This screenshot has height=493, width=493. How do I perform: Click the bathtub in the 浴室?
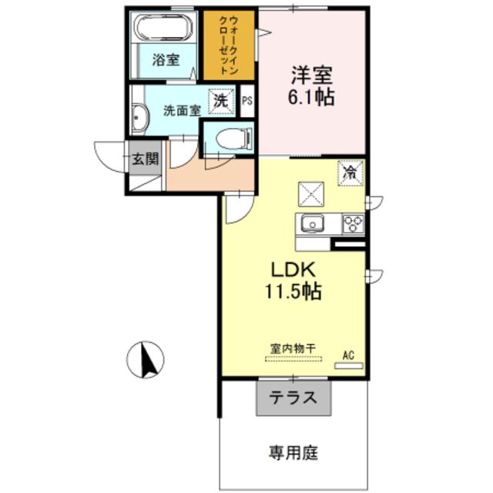coord(163,28)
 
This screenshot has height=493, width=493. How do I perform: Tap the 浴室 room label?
coord(166,60)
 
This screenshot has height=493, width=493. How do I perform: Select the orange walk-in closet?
coord(229,45)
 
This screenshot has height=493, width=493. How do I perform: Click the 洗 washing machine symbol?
coord(221,101)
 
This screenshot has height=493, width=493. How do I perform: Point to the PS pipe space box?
coord(247,101)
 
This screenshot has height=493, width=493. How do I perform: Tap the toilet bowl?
coord(234,138)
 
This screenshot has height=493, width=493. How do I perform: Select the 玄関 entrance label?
coord(145,159)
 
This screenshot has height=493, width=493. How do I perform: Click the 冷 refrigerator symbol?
coord(350,173)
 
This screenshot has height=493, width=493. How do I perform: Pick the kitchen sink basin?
coord(313,224)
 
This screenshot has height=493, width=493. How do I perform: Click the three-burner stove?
coord(353,224)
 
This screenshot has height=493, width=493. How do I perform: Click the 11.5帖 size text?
coord(293,291)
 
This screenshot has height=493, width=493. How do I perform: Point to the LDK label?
coord(293,270)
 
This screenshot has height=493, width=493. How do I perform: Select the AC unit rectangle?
coord(349,366)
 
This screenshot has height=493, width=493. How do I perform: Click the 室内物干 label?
coord(293,349)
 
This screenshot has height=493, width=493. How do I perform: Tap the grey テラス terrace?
coord(293,398)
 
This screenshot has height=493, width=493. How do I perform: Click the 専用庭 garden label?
coord(293,453)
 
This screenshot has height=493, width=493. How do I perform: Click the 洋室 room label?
coord(311,75)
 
